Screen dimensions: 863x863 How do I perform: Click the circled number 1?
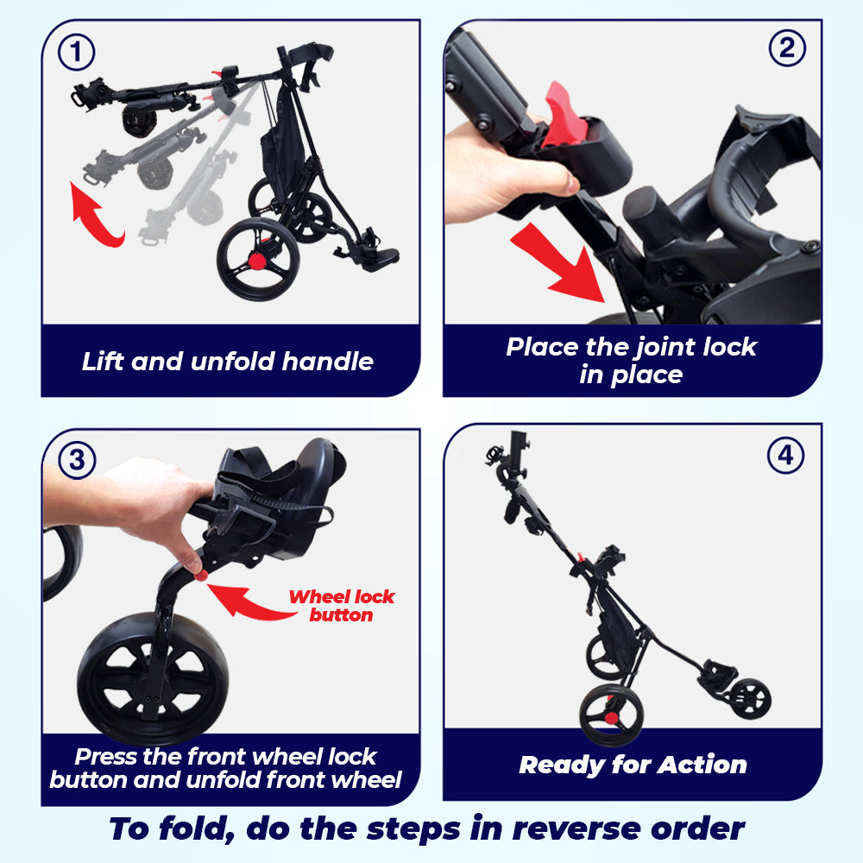77,53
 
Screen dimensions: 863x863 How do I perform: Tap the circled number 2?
787,47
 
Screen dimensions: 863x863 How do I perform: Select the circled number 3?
77,460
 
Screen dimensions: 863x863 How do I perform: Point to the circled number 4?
785,455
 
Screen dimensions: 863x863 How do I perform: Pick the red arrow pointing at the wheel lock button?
248,602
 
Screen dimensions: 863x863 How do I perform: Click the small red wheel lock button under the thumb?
201,576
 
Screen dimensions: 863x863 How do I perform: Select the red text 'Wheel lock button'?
341,606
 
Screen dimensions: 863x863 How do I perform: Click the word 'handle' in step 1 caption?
327,362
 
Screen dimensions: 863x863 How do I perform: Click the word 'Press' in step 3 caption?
105,757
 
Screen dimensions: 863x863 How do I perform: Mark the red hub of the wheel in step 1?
257,260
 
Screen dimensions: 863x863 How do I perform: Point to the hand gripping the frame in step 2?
504,171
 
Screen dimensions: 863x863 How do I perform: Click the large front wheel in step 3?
153,678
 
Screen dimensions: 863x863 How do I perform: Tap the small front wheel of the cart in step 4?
750,699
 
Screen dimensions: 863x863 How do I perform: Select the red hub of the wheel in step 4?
611,718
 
